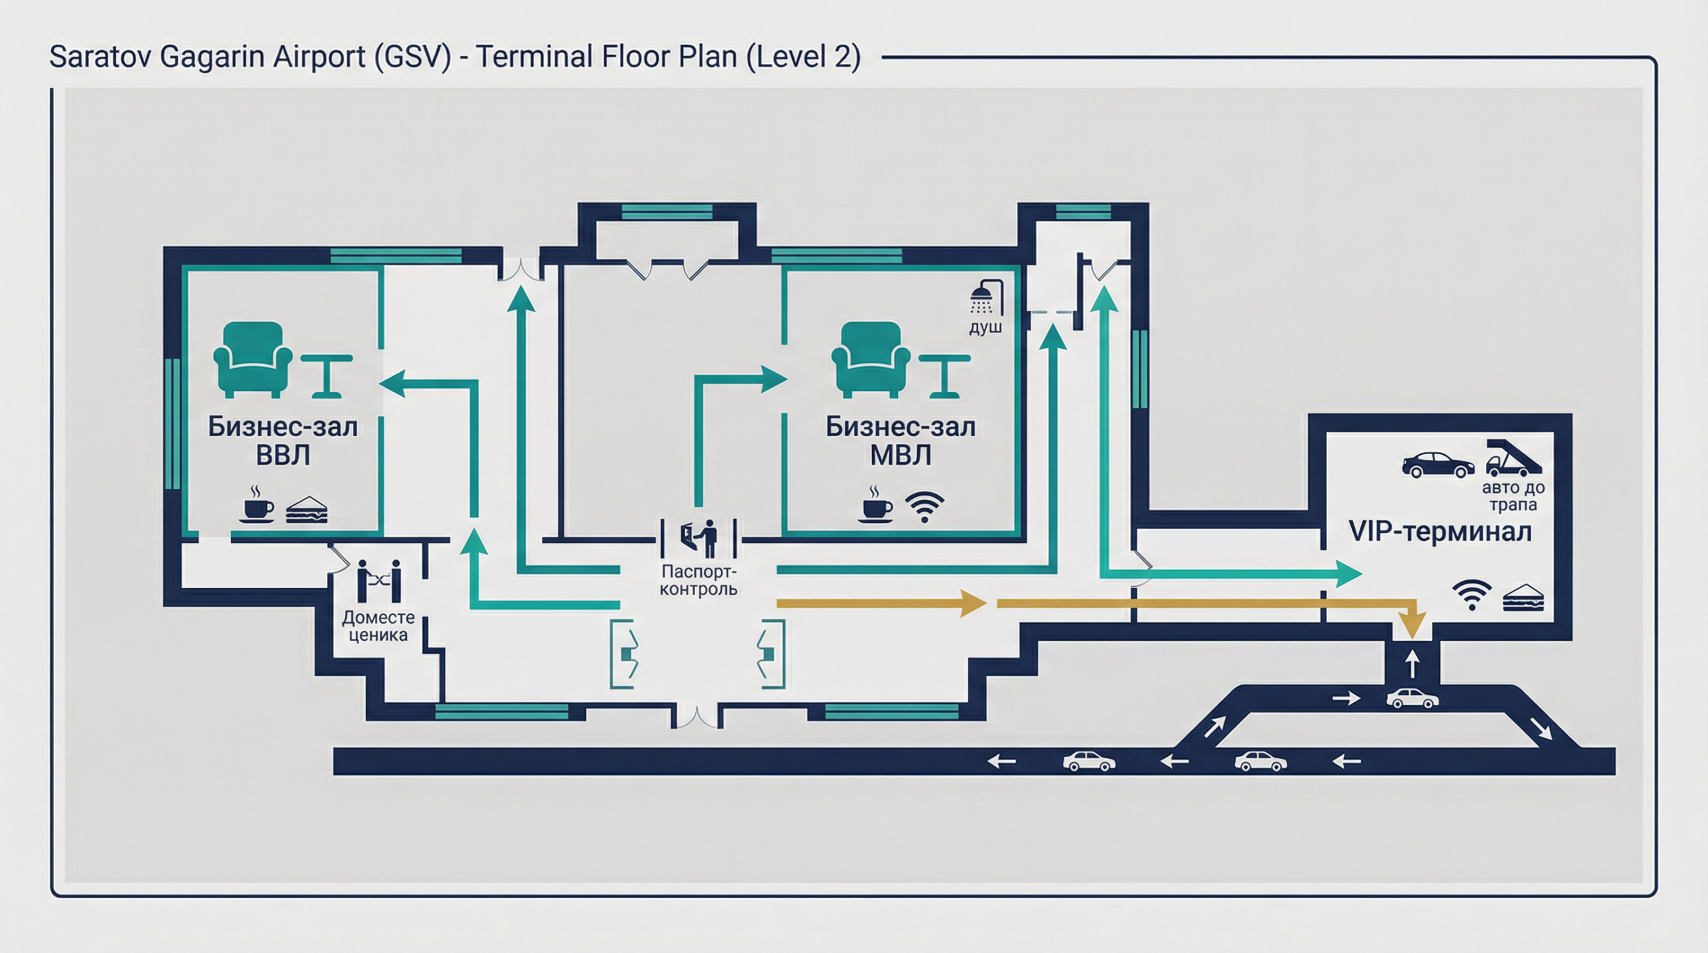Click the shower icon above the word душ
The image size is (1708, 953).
pos(986,296)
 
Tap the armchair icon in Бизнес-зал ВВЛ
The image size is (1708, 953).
pos(252,359)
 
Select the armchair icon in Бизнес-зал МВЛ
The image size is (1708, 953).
pos(870,359)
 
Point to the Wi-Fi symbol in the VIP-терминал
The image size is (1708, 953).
pos(1472,595)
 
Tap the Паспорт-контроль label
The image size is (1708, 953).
pos(699,580)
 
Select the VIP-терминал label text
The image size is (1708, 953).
pos(1440,532)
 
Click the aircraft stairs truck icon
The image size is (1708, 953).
pos(1514,457)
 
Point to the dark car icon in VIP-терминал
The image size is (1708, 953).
pos(1438,465)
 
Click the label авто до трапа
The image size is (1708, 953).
pos(1513,496)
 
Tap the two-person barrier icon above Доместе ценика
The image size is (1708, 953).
pos(378,581)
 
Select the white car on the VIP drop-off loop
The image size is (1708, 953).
pos(1412,698)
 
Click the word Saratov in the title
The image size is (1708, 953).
pos(100,57)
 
